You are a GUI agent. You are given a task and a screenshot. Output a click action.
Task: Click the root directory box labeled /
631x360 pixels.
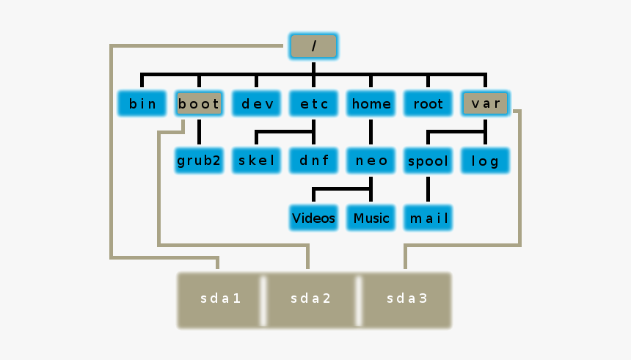(313, 46)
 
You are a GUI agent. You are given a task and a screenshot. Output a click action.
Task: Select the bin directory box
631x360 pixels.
(142, 103)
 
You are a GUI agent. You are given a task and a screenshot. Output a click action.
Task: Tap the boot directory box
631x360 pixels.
(199, 103)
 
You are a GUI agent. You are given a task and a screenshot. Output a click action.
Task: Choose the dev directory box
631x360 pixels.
(256, 103)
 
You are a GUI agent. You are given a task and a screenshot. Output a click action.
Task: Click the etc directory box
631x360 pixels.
(313, 103)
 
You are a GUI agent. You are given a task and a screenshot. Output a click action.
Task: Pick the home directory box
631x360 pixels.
(371, 103)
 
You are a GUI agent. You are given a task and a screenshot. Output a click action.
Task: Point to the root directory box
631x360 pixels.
(428, 103)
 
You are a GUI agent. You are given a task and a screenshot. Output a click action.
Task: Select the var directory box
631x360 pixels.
(485, 103)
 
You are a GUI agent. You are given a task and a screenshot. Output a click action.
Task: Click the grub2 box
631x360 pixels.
(199, 161)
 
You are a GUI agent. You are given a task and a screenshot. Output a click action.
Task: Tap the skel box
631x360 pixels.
(256, 161)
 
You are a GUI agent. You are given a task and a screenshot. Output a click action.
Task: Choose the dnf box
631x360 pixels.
(313, 161)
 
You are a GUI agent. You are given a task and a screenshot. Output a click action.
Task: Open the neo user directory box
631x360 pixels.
(371, 161)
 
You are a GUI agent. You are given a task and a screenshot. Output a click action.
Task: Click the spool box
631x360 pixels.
(428, 161)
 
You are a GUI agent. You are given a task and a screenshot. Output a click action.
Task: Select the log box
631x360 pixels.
(485, 161)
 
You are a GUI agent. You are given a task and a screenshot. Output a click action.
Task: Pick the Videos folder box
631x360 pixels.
(313, 218)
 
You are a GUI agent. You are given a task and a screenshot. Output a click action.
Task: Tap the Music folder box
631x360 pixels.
(371, 218)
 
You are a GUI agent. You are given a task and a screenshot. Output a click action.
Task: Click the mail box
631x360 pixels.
(428, 218)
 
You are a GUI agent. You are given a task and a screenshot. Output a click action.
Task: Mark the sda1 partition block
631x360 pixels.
(220, 299)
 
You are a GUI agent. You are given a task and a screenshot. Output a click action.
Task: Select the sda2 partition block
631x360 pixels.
(311, 299)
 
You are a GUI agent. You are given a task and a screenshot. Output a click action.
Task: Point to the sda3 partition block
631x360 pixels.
(406, 299)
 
